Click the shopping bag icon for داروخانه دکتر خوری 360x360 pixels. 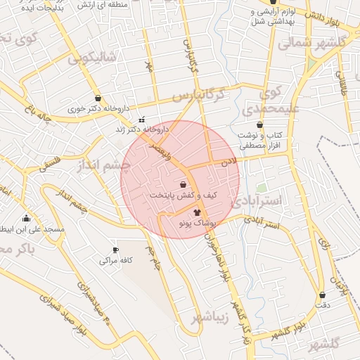(98, 98)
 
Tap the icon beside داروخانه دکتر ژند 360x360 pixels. (143, 119)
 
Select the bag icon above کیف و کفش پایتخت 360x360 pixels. (183, 184)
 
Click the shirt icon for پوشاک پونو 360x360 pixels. (197, 211)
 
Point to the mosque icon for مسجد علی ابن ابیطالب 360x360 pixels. (27, 218)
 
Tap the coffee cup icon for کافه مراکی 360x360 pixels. (115, 250)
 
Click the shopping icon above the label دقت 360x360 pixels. (323, 295)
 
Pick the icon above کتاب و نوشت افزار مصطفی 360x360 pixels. (259, 124)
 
